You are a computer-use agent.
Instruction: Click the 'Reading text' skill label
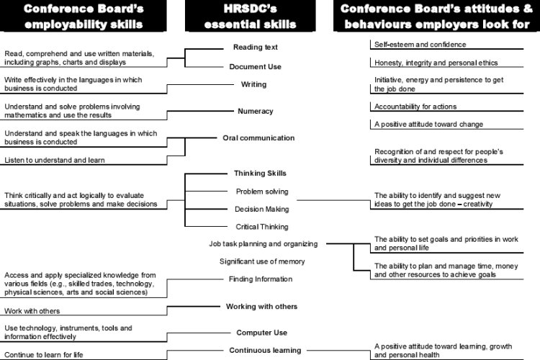click(x=255, y=48)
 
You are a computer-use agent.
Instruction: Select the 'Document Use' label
click(x=255, y=67)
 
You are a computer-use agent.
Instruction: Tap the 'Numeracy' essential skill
click(x=255, y=112)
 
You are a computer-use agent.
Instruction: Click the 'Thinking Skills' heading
click(x=260, y=174)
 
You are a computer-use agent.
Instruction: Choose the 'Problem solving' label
click(x=262, y=192)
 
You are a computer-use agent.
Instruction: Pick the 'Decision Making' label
click(x=261, y=210)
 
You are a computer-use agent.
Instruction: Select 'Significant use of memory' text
click(x=262, y=261)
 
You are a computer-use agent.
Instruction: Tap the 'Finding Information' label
click(x=261, y=279)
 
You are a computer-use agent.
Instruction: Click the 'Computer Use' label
click(x=261, y=333)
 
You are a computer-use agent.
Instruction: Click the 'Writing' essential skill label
click(x=253, y=85)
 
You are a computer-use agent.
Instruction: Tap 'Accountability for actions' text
click(x=415, y=107)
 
